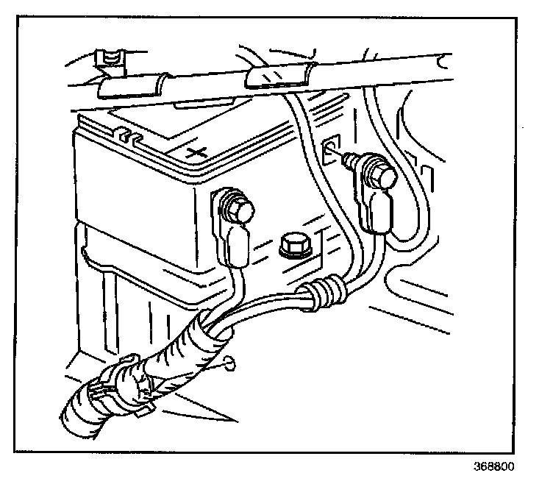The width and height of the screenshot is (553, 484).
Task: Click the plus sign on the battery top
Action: pos(197,152)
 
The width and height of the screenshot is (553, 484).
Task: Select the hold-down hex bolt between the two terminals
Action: pos(293,246)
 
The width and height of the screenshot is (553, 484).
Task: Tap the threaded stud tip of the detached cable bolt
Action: pos(346,157)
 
